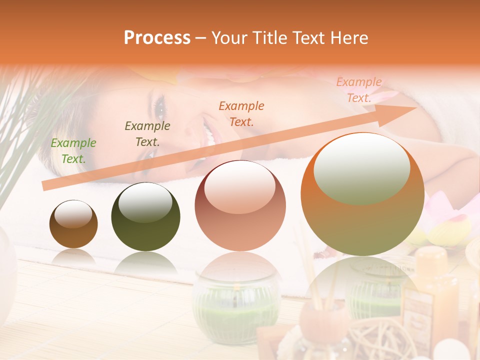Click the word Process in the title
point(157,38)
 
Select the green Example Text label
point(73,150)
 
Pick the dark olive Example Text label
point(147,133)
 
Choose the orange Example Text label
point(241,113)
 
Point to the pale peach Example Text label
point(358,89)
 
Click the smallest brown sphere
point(73,224)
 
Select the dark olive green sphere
point(145,216)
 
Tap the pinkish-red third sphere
point(240,205)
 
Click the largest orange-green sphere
point(362,194)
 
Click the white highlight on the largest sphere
point(361,167)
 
